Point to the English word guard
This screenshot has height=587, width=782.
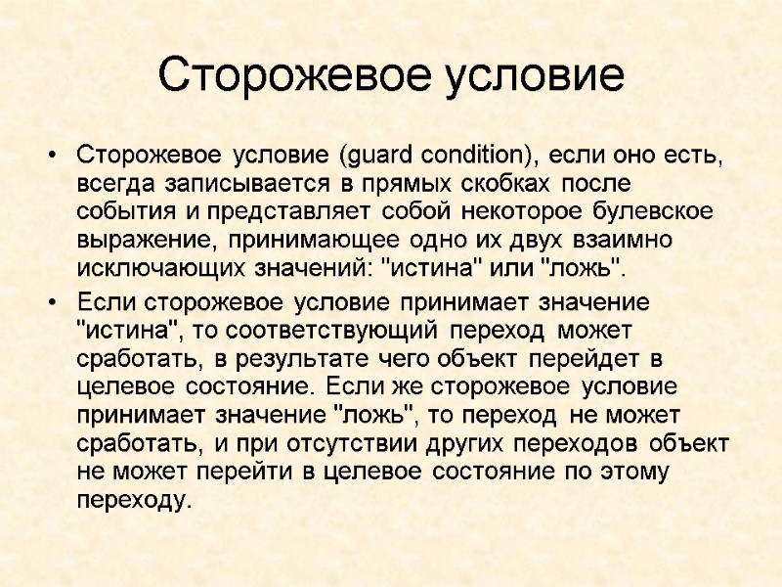pyautogui.click(x=378, y=156)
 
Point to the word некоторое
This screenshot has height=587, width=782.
pyautogui.click(x=532, y=212)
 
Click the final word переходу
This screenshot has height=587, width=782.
pyautogui.click(x=130, y=500)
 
